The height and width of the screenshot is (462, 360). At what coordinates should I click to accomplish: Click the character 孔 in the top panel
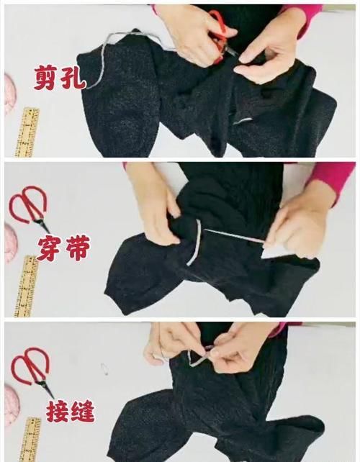[73, 77]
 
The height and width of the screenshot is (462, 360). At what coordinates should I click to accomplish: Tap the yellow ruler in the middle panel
[27, 284]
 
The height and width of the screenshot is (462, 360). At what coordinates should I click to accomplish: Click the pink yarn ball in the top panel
[6, 94]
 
